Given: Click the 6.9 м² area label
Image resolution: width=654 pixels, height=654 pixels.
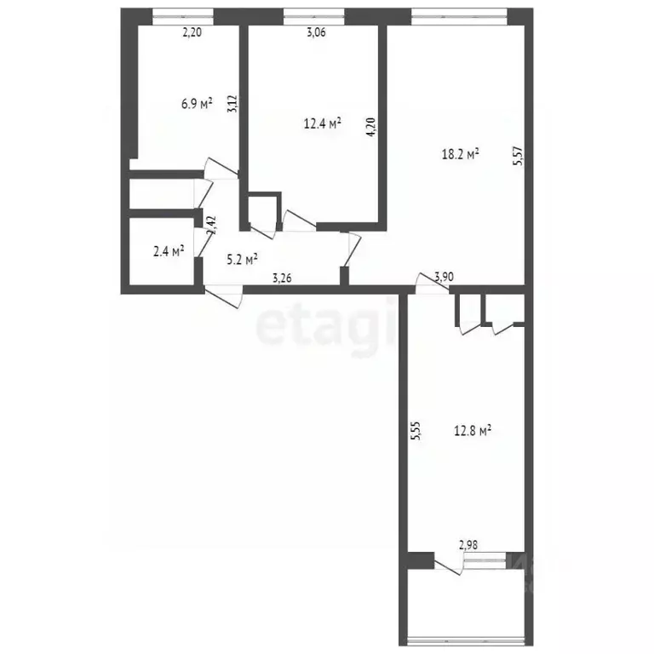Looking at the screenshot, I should tap(196, 104).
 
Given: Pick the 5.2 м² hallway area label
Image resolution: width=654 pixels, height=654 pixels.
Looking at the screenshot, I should tap(242, 260).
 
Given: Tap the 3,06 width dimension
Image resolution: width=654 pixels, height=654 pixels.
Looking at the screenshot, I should tap(316, 34).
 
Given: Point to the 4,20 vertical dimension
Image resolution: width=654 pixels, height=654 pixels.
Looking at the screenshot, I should tap(370, 126).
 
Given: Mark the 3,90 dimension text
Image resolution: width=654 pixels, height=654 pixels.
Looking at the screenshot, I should tap(443, 276).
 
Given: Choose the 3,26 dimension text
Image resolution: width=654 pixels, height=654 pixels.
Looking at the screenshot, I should tap(284, 276).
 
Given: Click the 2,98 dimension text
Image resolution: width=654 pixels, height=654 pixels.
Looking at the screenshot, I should tap(469, 546).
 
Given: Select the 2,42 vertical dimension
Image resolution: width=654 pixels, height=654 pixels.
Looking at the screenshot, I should tap(212, 224).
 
